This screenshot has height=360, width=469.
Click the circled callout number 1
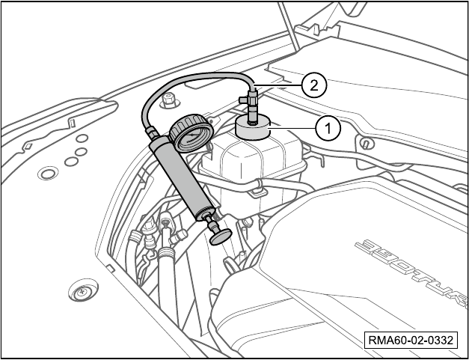click(x=328, y=129)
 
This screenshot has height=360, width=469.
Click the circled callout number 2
click(x=313, y=85)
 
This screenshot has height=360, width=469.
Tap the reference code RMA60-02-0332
click(x=411, y=340)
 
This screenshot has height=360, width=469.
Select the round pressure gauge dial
click(x=191, y=132)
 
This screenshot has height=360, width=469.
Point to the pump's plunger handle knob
click(x=221, y=237)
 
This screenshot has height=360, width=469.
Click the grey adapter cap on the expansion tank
click(x=253, y=127)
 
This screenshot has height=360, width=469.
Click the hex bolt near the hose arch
click(x=169, y=100)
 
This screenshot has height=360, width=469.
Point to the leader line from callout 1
click(x=293, y=129)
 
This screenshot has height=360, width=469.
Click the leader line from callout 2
click(x=278, y=85)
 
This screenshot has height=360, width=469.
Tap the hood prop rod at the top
click(x=288, y=27)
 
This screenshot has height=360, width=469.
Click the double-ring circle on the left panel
click(x=48, y=173)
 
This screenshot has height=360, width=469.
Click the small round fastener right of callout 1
click(x=365, y=144)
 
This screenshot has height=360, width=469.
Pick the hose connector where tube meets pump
click(x=151, y=132)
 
